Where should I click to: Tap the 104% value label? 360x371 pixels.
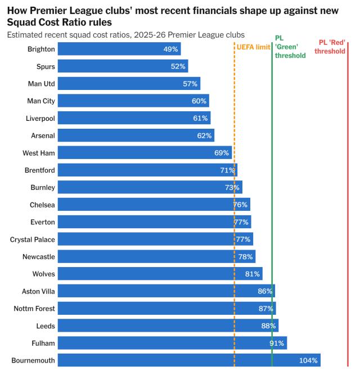308,360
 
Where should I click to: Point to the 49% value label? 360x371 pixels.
170,49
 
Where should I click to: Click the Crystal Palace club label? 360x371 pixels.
33,239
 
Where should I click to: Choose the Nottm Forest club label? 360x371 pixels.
34,309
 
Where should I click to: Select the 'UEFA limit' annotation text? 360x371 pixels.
253,47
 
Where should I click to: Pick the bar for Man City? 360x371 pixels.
133,101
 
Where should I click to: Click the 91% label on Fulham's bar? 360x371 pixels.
277,343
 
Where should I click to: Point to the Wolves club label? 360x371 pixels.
44,274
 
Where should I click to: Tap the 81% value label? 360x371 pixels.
253,274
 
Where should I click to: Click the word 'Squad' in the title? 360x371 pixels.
22,22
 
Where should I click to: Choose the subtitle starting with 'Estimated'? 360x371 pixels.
121,35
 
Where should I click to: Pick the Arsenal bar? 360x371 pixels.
136,135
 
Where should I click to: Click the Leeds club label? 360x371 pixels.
45,326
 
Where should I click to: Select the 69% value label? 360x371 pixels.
222,153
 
